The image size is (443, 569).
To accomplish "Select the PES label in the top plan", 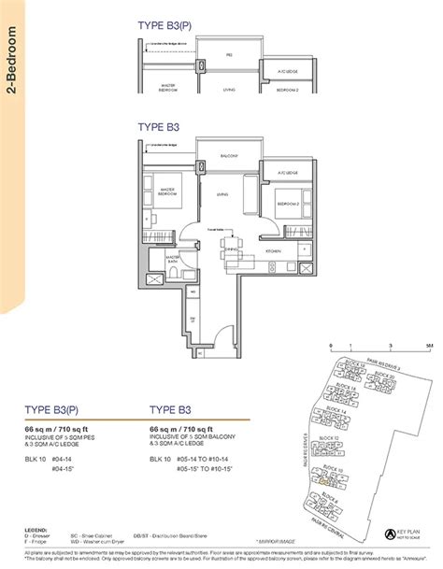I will (229, 55).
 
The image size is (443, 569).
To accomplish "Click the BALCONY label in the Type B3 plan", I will (229, 154).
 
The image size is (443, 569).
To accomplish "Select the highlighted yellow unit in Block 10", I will (325, 482).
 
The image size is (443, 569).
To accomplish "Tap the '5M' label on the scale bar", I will (401, 345).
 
